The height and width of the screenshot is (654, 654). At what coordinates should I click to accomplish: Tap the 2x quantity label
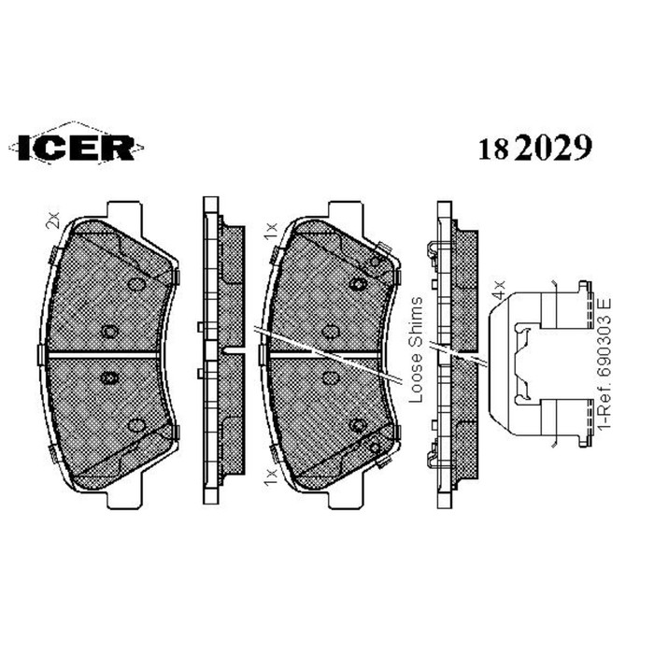tap(53, 220)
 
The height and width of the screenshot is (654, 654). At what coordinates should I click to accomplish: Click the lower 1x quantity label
tap(271, 477)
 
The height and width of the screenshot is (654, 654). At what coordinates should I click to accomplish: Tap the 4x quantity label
tap(499, 289)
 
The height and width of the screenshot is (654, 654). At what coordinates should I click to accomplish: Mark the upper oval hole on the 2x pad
tap(136, 284)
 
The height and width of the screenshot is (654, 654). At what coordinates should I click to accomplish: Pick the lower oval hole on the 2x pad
tap(136, 425)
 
